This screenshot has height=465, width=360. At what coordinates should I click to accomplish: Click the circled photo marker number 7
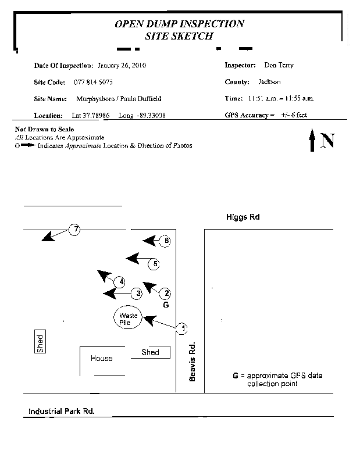[x=74, y=230]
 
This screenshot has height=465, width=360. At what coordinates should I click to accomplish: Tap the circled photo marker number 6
[x=166, y=241]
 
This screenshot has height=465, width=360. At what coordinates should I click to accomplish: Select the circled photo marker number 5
[x=154, y=264]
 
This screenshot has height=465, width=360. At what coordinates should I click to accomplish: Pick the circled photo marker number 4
[x=120, y=282]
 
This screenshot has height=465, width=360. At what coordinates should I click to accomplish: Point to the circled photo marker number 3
[x=137, y=294]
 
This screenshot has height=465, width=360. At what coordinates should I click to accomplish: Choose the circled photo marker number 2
[x=166, y=294]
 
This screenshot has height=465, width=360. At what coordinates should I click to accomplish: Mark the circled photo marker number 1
[x=183, y=329]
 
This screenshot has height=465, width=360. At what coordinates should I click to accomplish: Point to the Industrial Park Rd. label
[x=62, y=411]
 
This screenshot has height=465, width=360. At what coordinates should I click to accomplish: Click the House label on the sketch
[x=101, y=359]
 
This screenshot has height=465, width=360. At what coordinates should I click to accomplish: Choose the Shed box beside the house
[x=151, y=352]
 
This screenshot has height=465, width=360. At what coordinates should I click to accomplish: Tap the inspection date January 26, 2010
[x=122, y=65]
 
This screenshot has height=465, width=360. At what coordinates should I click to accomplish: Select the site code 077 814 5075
[x=94, y=82]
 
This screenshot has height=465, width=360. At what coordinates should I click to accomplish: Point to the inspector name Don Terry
[x=279, y=65]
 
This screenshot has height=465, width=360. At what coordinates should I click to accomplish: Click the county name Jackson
[x=269, y=82]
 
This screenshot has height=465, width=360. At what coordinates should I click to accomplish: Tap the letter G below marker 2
[x=166, y=305]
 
